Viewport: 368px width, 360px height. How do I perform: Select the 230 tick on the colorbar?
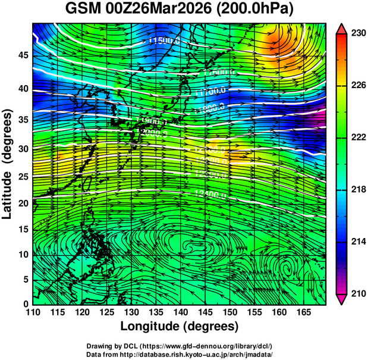click(358, 34)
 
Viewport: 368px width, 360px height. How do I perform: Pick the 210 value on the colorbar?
click(358, 293)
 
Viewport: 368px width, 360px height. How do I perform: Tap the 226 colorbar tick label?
click(358, 86)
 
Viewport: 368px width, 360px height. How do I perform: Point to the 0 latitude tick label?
click(25, 304)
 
